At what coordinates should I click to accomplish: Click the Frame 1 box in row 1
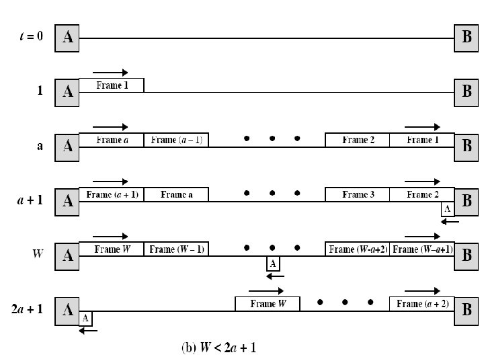point(111,85)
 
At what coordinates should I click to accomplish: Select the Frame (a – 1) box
point(176,140)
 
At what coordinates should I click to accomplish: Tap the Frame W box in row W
point(111,249)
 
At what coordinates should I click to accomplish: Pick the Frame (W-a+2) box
point(357,249)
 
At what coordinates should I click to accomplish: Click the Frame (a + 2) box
point(421,304)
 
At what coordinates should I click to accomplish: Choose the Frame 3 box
point(357,194)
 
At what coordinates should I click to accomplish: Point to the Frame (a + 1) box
point(111,194)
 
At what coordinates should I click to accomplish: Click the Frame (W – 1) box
point(176,249)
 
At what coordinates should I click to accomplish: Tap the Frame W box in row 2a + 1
point(267,304)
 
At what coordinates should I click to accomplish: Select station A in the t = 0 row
point(67,38)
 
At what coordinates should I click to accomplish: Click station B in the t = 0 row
point(467,38)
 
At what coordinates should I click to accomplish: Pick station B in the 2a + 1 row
point(467,310)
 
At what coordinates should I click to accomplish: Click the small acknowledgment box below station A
point(85,319)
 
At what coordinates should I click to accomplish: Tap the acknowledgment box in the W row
point(274,264)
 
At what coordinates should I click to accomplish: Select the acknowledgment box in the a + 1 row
point(448,209)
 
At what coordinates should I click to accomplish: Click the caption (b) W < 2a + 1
point(218,348)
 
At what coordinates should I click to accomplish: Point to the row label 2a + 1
point(28,311)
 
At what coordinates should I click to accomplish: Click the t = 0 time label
point(30,36)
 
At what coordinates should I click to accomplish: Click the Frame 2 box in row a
point(357,140)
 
